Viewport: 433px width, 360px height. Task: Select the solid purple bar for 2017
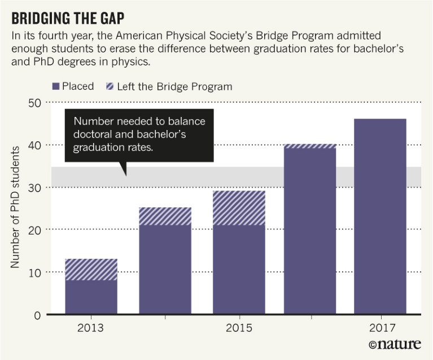click(x=379, y=216)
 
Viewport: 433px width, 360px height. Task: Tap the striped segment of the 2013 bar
click(x=91, y=269)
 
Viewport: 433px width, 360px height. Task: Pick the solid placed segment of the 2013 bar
click(x=91, y=297)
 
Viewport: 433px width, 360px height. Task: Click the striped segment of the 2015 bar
click(x=238, y=207)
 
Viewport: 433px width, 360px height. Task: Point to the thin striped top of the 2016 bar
click(x=310, y=146)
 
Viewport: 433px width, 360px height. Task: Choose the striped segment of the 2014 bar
click(x=165, y=216)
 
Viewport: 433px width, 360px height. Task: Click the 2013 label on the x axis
click(x=91, y=328)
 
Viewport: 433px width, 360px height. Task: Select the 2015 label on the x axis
click(x=238, y=328)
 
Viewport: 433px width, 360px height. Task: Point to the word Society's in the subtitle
click(x=237, y=36)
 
